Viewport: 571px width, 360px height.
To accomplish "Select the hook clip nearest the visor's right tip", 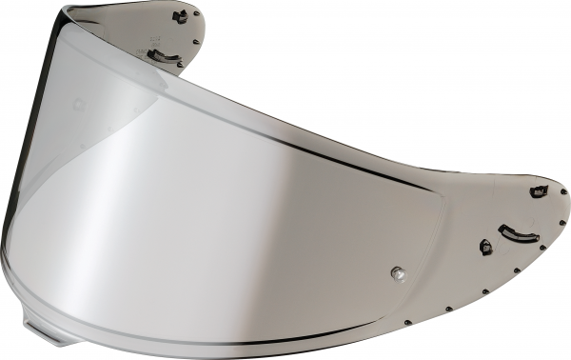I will tap(539, 191).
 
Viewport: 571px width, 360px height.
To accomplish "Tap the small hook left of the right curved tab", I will tap(486, 247).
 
